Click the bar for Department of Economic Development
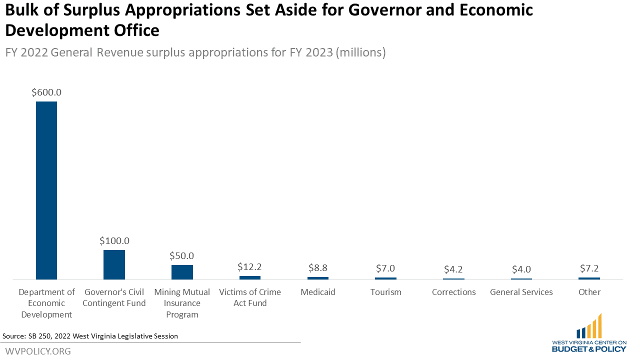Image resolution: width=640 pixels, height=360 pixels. click(46, 190)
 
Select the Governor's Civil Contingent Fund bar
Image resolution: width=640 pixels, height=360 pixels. click(114, 264)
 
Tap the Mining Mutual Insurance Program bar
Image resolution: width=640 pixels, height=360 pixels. click(182, 272)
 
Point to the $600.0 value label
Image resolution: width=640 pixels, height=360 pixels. click(46, 92)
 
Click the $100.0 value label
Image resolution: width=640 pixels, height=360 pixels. click(114, 241)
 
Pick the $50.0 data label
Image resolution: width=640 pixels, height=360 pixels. click(182, 256)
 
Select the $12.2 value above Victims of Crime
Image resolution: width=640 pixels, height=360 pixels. click(249, 267)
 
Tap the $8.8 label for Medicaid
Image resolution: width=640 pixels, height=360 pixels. click(317, 268)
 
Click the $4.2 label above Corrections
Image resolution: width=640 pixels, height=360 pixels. click(453, 269)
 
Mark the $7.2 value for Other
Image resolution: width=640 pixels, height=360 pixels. click(589, 268)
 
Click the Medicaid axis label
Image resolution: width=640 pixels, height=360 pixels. click(317, 292)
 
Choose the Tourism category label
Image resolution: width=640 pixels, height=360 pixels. click(385, 292)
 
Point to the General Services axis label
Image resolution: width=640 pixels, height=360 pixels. click(521, 292)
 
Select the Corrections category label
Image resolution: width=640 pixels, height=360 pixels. click(453, 292)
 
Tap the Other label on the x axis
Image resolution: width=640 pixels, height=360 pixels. click(589, 292)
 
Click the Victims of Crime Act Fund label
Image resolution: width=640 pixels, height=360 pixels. click(249, 297)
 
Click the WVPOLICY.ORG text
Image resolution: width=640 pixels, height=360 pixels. click(38, 351)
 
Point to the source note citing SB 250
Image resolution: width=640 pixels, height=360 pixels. click(90, 336)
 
